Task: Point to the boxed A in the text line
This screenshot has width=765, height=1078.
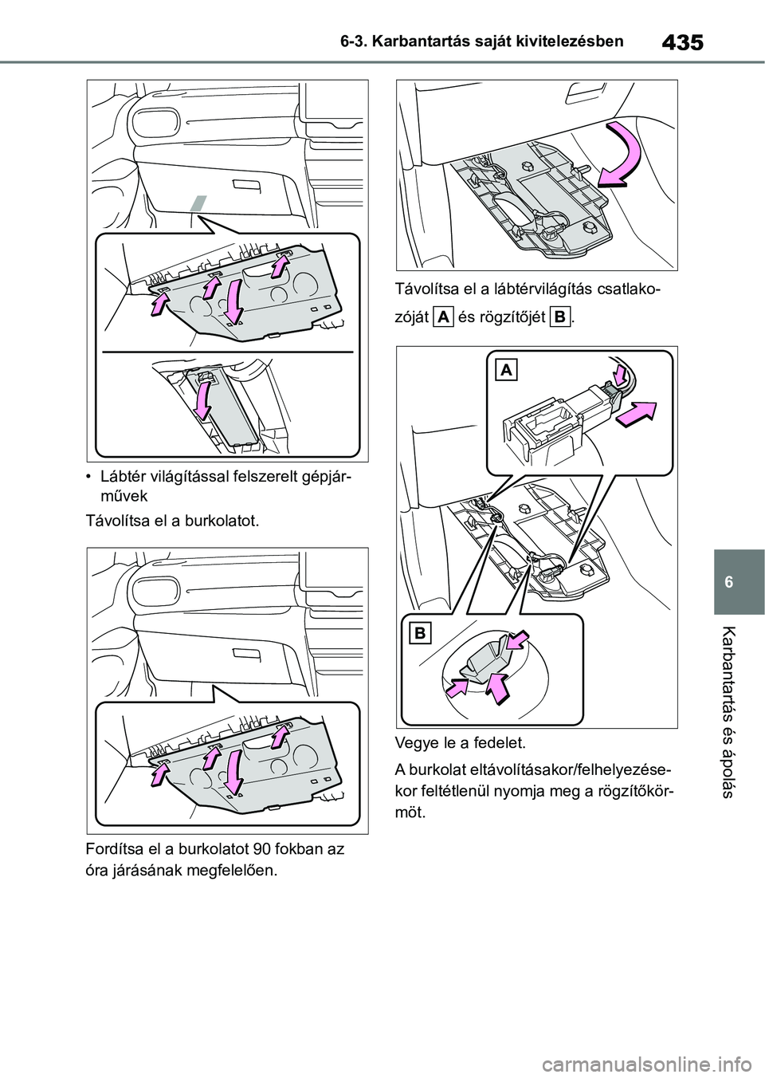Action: (444, 317)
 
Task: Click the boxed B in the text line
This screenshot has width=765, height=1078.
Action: (560, 317)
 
